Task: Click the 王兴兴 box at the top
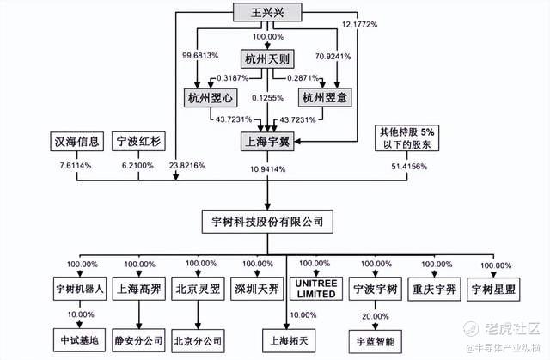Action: [x=267, y=13]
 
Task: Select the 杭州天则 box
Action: [x=267, y=58]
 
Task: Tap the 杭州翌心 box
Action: [x=211, y=98]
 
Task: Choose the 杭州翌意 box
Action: [x=325, y=97]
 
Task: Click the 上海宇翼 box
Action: [x=267, y=142]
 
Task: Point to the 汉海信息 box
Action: [x=76, y=142]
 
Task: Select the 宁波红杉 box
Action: [x=138, y=141]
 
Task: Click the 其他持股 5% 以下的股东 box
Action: [x=406, y=138]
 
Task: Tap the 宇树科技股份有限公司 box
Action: [x=267, y=222]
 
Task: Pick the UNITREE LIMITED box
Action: [x=316, y=289]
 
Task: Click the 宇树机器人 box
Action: [x=80, y=289]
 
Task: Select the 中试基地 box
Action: [x=79, y=340]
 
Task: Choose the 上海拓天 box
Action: [x=289, y=340]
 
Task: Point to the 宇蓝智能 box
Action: [x=376, y=341]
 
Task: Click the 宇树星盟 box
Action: [x=493, y=290]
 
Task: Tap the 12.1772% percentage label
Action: [x=359, y=25]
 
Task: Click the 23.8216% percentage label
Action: [x=187, y=166]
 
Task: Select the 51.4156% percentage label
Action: [x=409, y=167]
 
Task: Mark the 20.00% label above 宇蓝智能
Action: [x=376, y=316]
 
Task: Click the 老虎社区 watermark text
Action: [x=512, y=328]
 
